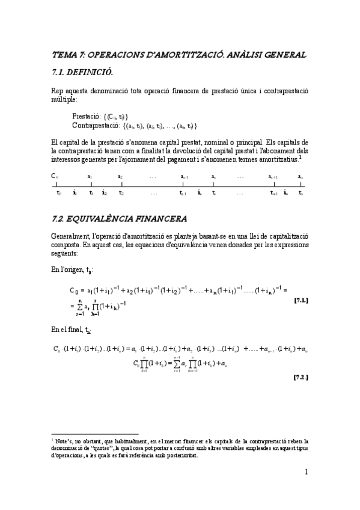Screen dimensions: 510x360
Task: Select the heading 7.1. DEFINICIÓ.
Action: pyautogui.click(x=83, y=73)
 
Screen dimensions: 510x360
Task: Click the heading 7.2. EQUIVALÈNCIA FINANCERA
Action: pyautogui.click(x=120, y=217)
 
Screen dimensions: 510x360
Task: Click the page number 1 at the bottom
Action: pyautogui.click(x=306, y=472)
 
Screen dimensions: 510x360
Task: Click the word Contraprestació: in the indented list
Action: pyautogui.click(x=96, y=126)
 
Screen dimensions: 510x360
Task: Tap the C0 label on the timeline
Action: pyautogui.click(x=55, y=177)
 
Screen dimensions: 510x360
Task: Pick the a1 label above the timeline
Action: pyautogui.click(x=90, y=177)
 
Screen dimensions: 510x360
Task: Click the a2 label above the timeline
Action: pyautogui.click(x=120, y=177)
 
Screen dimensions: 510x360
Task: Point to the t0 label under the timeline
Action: pyautogui.click(x=59, y=193)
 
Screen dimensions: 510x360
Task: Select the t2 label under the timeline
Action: pyautogui.click(x=121, y=193)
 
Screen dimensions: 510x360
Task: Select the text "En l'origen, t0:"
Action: pyautogui.click(x=73, y=271)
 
